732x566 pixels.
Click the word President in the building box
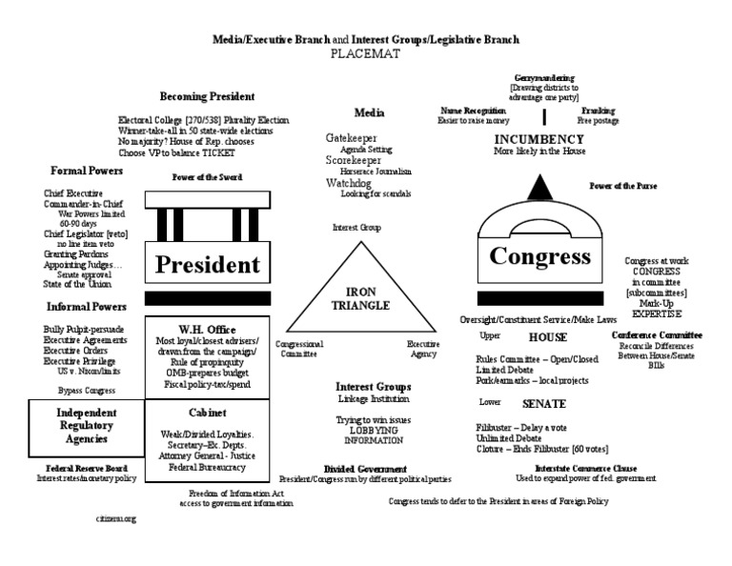pos(208,263)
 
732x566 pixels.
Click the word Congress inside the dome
pos(539,255)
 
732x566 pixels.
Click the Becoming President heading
pos(207,96)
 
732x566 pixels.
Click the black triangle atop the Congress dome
pos(539,186)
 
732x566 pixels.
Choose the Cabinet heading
pos(206,414)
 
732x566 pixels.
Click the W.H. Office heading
pos(207,329)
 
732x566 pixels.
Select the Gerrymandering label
pos(544,77)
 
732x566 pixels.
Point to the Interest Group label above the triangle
pos(356,228)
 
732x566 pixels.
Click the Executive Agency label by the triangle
pos(422,348)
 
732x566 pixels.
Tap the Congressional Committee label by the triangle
pos(299,348)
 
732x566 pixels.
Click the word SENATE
pos(544,404)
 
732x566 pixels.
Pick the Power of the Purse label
pos(622,186)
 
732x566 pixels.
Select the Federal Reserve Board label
pos(86,468)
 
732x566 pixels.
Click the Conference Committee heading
pos(657,335)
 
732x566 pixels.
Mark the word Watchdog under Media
pos(348,182)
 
